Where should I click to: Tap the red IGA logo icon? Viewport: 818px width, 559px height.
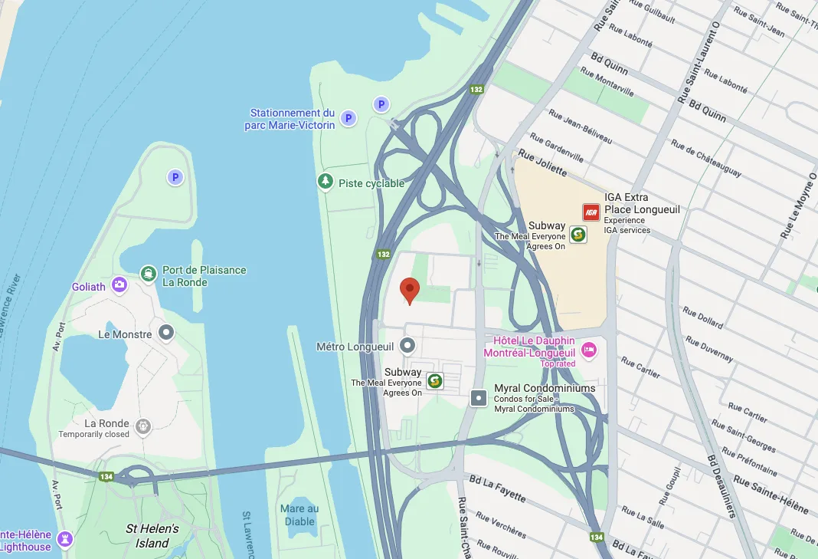pyautogui.click(x=591, y=212)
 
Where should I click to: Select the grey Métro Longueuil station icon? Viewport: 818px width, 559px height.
pyautogui.click(x=407, y=347)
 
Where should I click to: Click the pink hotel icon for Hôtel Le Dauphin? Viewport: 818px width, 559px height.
pyautogui.click(x=589, y=350)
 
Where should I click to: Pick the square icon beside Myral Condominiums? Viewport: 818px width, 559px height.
pyautogui.click(x=479, y=397)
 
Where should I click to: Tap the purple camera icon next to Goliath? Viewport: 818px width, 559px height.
pyautogui.click(x=119, y=286)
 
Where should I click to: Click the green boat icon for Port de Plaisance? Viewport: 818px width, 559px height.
pyautogui.click(x=148, y=273)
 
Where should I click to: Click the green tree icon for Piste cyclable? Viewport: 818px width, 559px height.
pyautogui.click(x=326, y=182)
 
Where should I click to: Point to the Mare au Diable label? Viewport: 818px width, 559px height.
pyautogui.click(x=299, y=515)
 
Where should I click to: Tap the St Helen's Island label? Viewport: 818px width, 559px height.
pyautogui.click(x=152, y=535)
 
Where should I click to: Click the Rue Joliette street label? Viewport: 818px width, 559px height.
pyautogui.click(x=542, y=163)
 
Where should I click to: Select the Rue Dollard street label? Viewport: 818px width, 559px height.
pyautogui.click(x=702, y=318)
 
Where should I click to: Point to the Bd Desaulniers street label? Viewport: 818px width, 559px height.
pyautogui.click(x=721, y=487)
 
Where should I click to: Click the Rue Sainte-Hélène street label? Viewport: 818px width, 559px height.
pyautogui.click(x=771, y=495)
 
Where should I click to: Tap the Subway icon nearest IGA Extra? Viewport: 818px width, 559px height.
pyautogui.click(x=578, y=235)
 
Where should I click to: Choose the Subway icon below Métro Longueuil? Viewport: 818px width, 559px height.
pyautogui.click(x=435, y=380)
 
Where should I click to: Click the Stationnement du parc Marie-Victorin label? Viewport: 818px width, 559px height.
pyautogui.click(x=293, y=119)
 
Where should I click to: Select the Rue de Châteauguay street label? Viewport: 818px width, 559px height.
pyautogui.click(x=705, y=158)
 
